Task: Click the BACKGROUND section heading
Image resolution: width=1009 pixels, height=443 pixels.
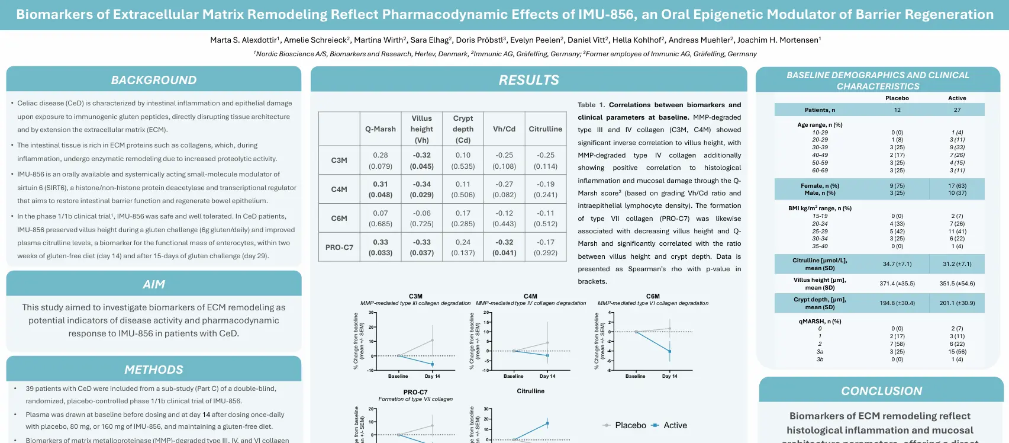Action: [154, 80]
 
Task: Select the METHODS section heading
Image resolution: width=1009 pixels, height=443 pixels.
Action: [154, 370]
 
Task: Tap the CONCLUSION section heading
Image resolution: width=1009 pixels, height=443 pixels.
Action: [881, 391]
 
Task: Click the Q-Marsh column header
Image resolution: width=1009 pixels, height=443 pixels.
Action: [381, 129]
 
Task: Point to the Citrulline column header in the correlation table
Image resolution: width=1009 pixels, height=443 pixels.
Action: [546, 129]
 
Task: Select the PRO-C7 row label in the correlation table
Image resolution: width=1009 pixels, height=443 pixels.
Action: [339, 248]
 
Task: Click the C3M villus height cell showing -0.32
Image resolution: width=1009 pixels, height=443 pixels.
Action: [422, 160]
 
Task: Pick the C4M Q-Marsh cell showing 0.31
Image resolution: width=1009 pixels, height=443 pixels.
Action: [381, 190]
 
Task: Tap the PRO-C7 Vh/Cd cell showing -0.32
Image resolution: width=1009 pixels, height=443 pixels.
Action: [504, 248]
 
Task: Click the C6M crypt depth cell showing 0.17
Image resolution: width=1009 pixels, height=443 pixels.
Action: [463, 219]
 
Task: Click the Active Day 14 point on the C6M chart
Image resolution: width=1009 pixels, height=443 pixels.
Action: [670, 351]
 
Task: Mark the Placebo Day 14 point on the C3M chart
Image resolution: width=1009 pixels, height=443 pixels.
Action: [433, 340]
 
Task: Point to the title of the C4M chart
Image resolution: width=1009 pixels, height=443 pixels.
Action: [531, 296]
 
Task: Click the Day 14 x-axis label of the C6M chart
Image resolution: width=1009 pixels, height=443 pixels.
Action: [670, 376]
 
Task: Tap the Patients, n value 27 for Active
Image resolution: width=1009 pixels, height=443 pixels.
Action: [957, 110]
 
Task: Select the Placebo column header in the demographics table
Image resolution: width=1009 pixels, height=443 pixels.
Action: [897, 98]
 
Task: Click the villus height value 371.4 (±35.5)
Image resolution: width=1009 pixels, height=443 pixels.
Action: [897, 284]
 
